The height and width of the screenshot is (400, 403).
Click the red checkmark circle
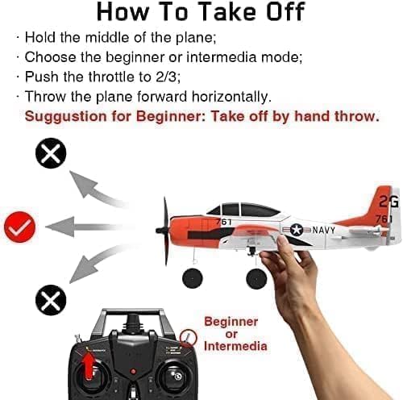(x=19, y=227)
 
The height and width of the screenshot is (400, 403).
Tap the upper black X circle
(x=51, y=153)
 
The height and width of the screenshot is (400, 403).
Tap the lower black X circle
(x=51, y=300)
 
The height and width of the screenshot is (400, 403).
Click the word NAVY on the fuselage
(x=324, y=230)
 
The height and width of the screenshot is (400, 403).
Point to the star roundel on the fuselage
(x=297, y=230)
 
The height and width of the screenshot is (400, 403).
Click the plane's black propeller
(x=164, y=231)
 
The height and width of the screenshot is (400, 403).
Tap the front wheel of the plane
(x=193, y=278)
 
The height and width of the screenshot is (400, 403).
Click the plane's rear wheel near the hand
(x=256, y=279)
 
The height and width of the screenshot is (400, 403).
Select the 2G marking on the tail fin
(x=388, y=201)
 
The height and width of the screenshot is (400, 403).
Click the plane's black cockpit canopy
(x=243, y=210)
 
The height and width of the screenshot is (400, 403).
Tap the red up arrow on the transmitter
(x=89, y=364)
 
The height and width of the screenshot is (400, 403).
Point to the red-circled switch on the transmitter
(x=188, y=338)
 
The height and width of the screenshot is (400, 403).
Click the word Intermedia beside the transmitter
(x=235, y=346)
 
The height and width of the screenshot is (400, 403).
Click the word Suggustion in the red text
(x=66, y=117)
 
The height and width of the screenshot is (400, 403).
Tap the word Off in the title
(x=286, y=12)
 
